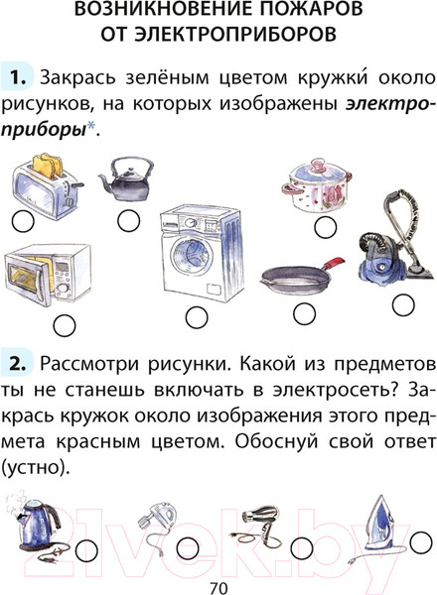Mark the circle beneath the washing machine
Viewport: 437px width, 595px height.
193,317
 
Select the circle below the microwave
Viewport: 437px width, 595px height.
64,323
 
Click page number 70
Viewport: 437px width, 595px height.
218,581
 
